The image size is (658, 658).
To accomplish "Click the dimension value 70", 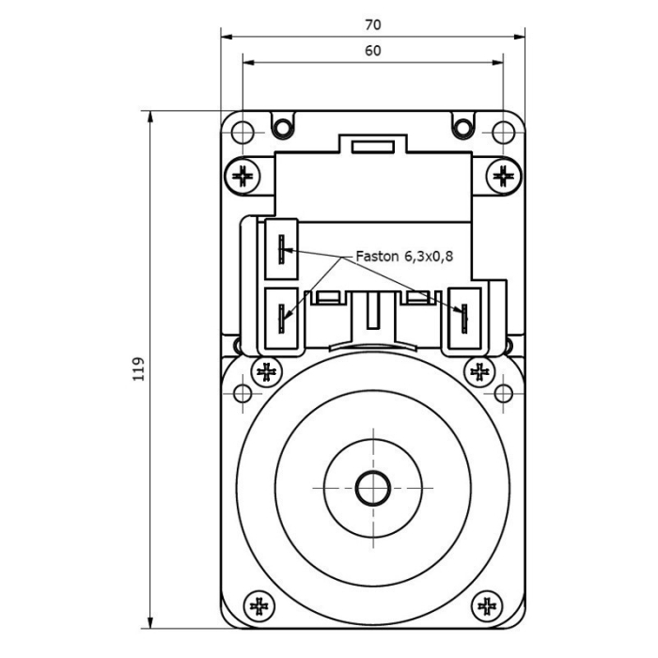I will point(372,25).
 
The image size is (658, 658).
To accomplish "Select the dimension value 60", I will point(372,52).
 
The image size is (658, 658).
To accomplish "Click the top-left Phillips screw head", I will point(243,175).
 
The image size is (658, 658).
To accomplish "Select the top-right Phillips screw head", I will point(503,175).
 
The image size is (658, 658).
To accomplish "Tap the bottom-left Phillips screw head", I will point(257,605).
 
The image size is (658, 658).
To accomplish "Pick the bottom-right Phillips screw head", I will point(487,605).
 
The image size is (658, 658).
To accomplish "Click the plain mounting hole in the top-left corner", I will point(242,132).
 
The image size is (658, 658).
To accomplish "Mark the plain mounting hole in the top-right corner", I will point(504,132).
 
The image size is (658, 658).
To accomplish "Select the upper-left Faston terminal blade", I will point(281,249).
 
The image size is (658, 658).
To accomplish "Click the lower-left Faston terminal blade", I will point(281,319).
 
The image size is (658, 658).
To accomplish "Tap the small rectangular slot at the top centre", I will point(374,147).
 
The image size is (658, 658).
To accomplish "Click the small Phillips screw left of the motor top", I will point(267,371).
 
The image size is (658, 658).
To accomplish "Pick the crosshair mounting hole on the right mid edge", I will point(504,392).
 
